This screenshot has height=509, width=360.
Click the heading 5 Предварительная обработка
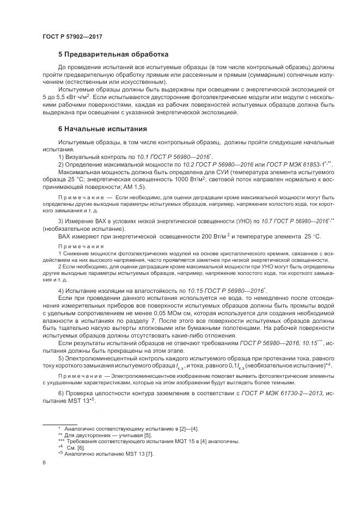point(113,55)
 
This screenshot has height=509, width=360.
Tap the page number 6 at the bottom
point(44,462)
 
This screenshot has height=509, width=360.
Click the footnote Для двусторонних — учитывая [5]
point(103,435)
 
